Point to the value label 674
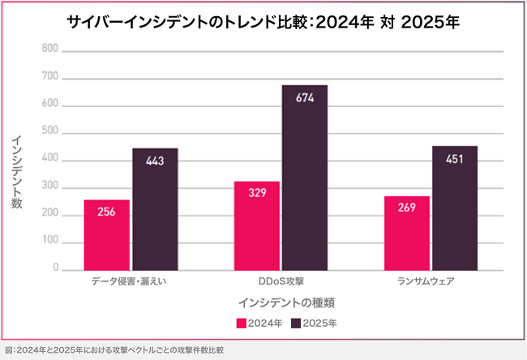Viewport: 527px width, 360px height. [305, 99]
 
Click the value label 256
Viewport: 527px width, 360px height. [106, 212]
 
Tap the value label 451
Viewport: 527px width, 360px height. [455, 160]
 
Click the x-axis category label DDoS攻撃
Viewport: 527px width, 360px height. [281, 281]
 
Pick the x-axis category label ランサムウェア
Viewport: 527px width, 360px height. [431, 281]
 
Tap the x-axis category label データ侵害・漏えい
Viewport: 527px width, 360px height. [131, 281]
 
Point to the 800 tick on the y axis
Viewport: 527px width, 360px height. [49, 49]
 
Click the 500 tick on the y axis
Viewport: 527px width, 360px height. [49, 131]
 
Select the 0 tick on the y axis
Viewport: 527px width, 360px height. [54, 268]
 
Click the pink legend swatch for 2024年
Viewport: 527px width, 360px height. [241, 323]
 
